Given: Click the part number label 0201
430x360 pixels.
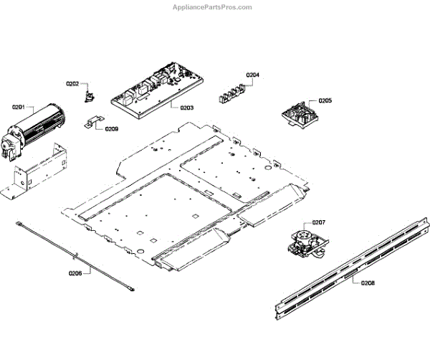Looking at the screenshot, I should pyautogui.click(x=18, y=107).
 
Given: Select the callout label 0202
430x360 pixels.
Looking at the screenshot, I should pyautogui.click(x=73, y=84).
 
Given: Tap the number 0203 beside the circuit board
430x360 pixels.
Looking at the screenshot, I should pyautogui.click(x=186, y=108).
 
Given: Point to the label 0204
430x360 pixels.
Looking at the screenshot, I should pyautogui.click(x=252, y=75).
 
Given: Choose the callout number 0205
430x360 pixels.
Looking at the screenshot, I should pyautogui.click(x=325, y=101).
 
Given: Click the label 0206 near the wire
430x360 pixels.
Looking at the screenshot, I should pyautogui.click(x=76, y=273).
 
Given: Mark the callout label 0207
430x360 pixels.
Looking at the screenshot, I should pyautogui.click(x=319, y=222).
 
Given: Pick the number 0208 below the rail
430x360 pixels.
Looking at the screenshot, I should pyautogui.click(x=368, y=283).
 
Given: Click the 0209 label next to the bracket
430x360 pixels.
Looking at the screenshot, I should pyautogui.click(x=112, y=129).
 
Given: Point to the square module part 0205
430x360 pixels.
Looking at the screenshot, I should pyautogui.click(x=299, y=115).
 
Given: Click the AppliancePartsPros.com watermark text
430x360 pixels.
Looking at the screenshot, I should pyautogui.click(x=213, y=7).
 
